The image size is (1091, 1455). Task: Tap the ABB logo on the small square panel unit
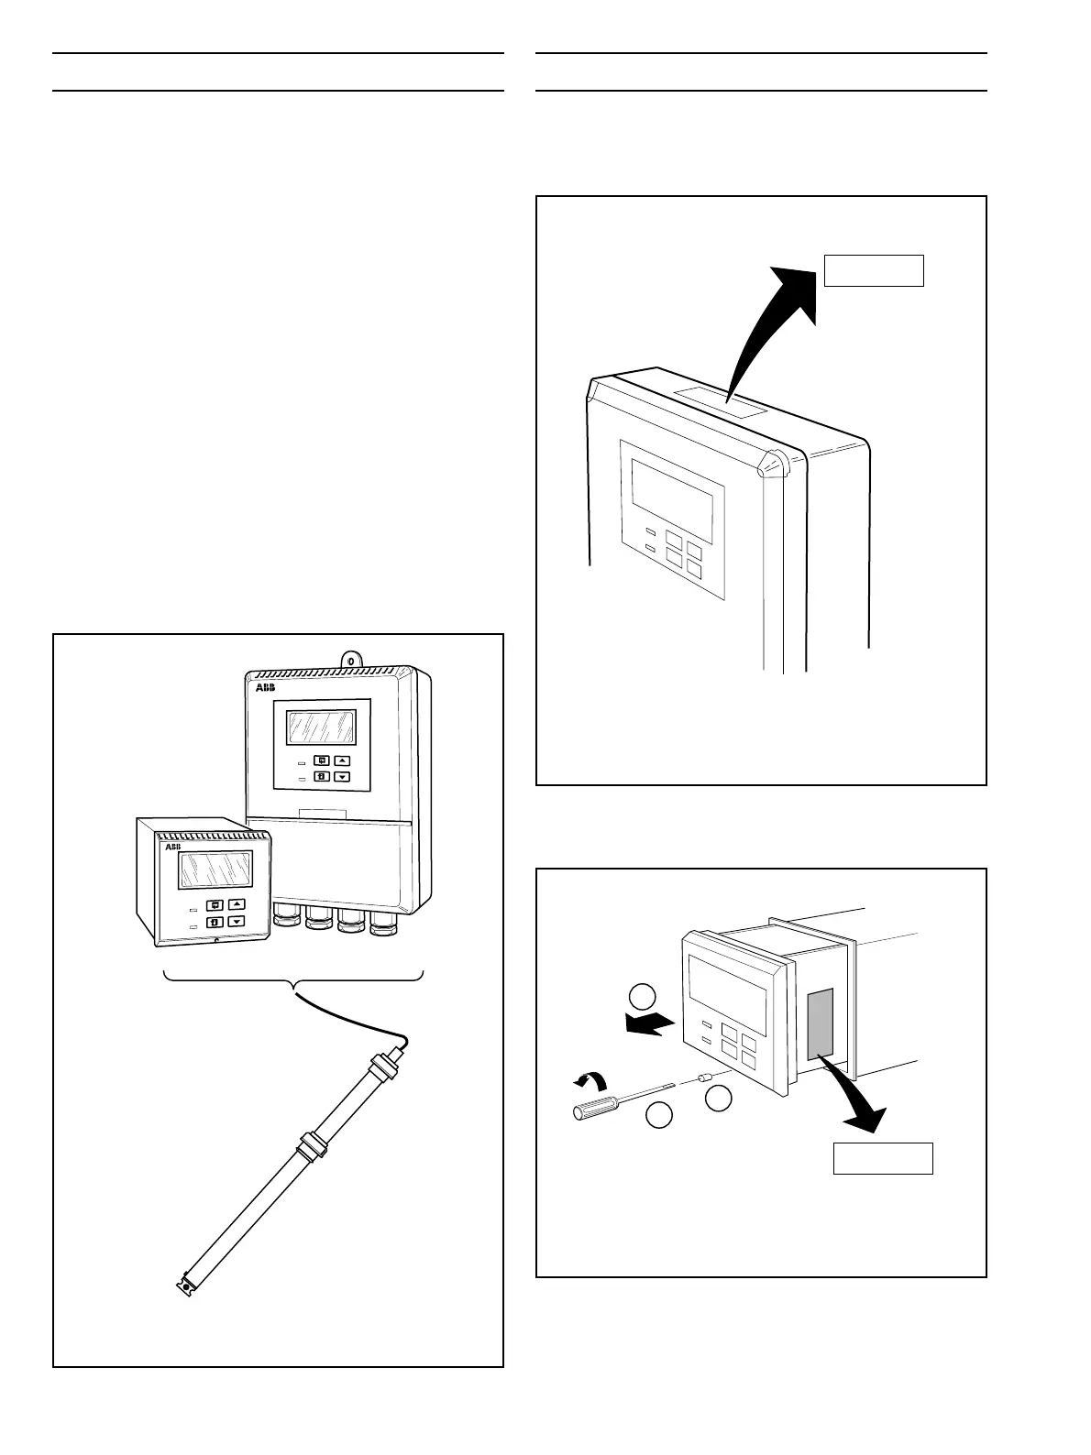coord(172,848)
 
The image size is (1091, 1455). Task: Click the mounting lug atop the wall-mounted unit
coord(350,660)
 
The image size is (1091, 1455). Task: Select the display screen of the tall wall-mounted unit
coord(321,727)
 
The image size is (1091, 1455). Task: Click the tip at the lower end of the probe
coord(186,1285)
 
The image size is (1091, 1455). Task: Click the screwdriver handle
coord(591,1108)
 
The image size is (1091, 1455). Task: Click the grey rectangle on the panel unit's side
coord(821,1021)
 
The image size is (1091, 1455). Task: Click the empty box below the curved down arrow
coord(882,1158)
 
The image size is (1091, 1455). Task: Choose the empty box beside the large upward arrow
coord(874,271)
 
